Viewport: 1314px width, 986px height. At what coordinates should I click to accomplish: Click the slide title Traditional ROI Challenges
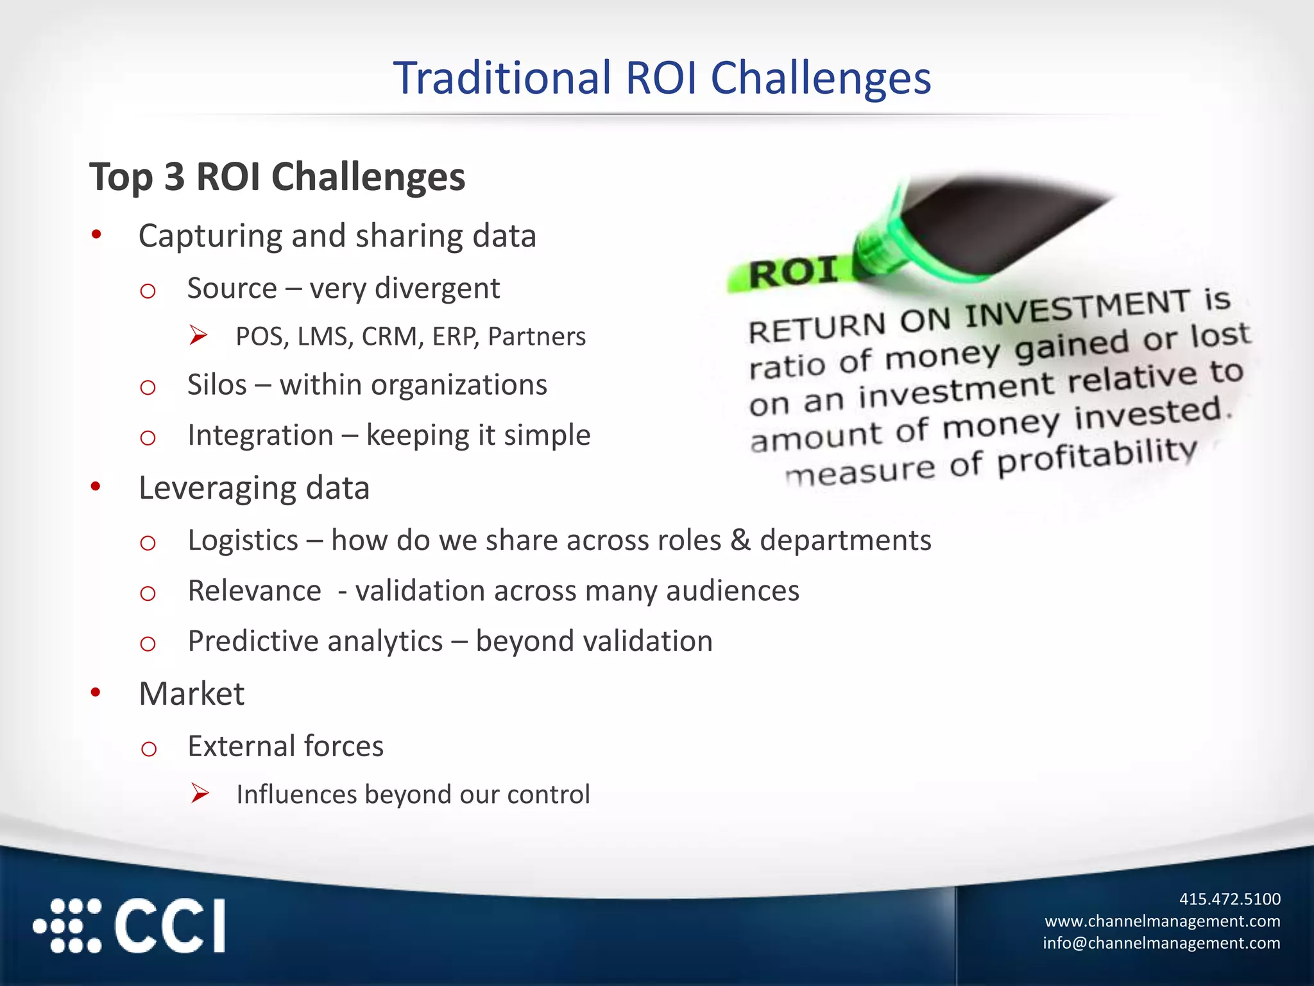point(661,78)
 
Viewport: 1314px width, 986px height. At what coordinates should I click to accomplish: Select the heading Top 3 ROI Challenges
point(277,177)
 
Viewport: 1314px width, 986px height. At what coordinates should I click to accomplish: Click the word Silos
point(217,385)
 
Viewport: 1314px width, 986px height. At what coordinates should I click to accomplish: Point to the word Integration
point(260,435)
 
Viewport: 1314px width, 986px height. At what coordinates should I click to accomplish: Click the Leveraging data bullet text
point(254,488)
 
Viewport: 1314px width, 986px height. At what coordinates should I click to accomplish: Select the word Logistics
point(243,541)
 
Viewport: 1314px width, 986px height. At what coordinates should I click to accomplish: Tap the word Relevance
point(254,591)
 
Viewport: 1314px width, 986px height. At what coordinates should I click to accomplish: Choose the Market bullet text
point(191,694)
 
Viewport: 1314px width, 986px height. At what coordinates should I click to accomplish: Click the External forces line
point(286,746)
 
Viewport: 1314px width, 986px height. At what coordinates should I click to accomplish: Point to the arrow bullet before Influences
point(200,794)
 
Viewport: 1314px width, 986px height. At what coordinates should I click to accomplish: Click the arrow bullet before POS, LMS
point(198,336)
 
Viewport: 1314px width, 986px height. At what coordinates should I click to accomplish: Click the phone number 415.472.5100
point(1229,899)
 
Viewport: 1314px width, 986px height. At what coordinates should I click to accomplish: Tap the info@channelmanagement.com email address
point(1161,943)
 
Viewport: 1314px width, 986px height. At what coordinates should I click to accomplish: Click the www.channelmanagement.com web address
point(1162,921)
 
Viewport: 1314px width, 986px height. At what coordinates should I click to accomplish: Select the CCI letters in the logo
point(170,926)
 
